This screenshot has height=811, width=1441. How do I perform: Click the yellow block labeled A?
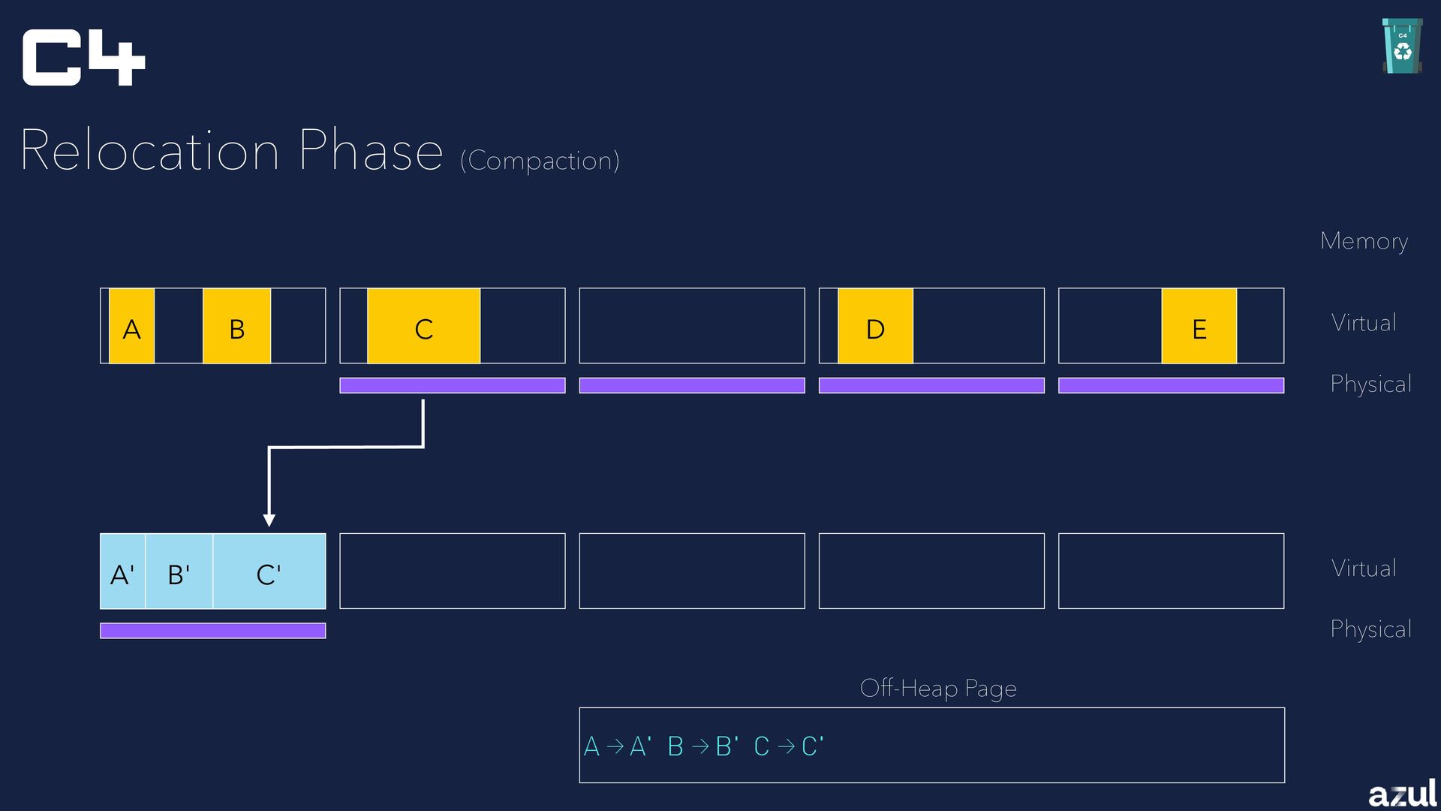pos(132,326)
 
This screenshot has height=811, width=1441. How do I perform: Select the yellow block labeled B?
pos(236,326)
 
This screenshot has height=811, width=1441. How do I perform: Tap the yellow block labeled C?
pos(423,326)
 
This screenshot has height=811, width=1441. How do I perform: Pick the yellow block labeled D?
pos(875,326)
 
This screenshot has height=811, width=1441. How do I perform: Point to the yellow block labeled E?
pos(1199,326)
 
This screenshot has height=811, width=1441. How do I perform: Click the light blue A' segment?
pos(122,571)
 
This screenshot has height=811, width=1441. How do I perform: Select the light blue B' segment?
pos(179,571)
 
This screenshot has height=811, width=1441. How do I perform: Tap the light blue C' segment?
pos(269,571)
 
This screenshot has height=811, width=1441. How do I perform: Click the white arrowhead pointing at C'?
pos(269,520)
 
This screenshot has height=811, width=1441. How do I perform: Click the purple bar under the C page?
pos(452,385)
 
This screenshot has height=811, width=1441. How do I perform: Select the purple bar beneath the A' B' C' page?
pos(212,631)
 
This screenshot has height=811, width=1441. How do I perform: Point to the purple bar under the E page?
pos(1171,385)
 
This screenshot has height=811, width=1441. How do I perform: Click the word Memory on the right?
pos(1364,241)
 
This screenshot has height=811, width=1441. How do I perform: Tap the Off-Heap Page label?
pos(938,688)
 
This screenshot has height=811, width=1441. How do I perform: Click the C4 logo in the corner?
pos(83,58)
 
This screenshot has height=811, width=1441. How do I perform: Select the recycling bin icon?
pos(1402,47)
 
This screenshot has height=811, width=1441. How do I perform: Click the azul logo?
pos(1402,793)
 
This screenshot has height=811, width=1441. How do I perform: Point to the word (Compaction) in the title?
pos(540,161)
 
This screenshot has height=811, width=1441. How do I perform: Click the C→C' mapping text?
pos(788,746)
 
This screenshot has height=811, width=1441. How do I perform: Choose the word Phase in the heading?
pos(371,151)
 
